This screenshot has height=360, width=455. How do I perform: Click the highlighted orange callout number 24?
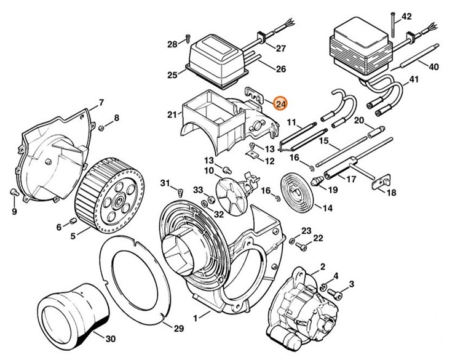point(280,103)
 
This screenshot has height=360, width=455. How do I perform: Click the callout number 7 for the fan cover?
point(101,102)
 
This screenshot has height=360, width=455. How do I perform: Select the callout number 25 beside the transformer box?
point(173,75)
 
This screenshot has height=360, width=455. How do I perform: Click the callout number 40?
point(434,66)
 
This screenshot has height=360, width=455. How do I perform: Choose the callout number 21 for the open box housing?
point(172,114)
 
